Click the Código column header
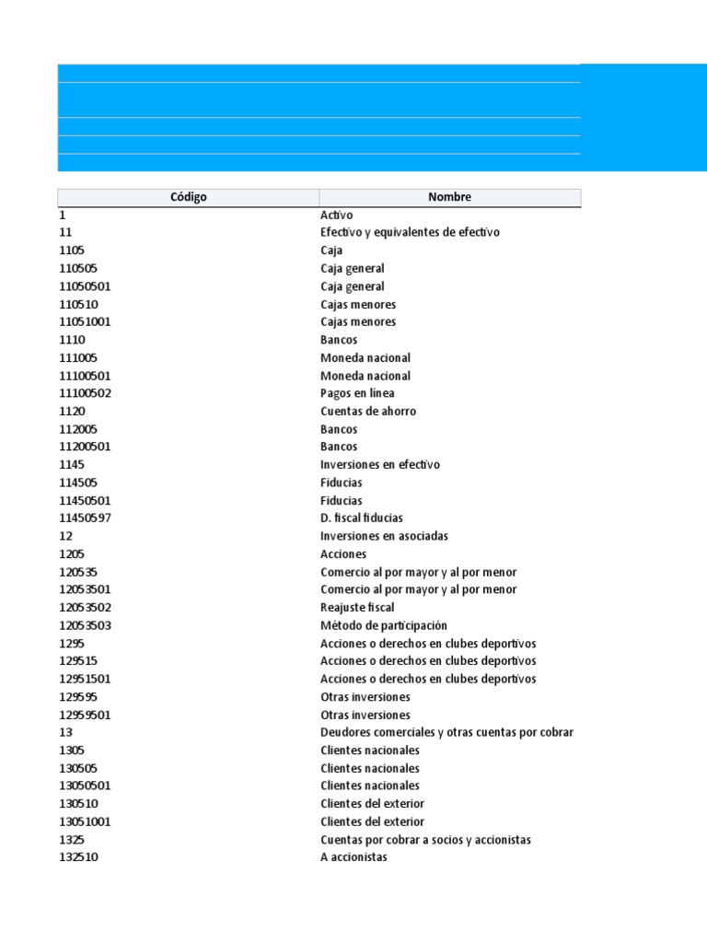coord(188,197)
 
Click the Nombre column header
coord(449,197)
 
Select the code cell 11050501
coord(86,286)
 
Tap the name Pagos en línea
coord(357,393)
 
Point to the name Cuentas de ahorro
coord(367,412)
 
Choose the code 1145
coord(72,465)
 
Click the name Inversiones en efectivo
coord(379,465)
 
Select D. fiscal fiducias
coord(361,518)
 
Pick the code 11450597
coord(86,518)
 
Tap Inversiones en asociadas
coord(384,536)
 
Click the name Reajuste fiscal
coord(357,608)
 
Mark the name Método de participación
coord(383,625)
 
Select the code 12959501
coord(86,715)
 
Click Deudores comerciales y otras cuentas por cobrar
coord(446,732)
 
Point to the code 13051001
coord(86,821)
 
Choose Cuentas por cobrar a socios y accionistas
coord(425,840)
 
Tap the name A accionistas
coord(353,857)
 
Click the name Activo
coord(337,215)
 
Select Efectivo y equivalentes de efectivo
coord(410,232)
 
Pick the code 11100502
coord(86,393)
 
